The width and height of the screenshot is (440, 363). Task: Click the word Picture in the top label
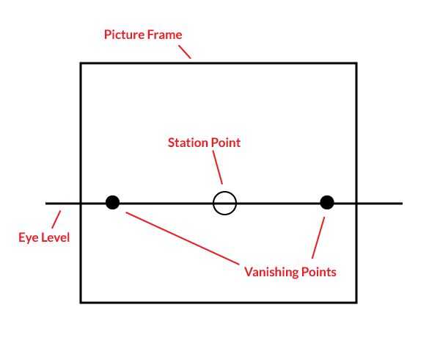point(122,35)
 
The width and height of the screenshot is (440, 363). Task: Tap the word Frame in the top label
point(164,35)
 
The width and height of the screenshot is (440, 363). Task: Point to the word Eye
point(29,237)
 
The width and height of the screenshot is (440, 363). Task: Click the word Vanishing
point(271,272)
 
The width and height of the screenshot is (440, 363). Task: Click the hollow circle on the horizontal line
point(225,203)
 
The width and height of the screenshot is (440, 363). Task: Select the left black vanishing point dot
point(112,203)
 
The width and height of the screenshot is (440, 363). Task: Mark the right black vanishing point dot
point(327,203)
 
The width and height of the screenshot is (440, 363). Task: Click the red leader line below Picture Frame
point(184,50)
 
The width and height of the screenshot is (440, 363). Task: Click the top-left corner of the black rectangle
point(81,63)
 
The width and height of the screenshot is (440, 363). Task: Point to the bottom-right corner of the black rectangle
point(356,302)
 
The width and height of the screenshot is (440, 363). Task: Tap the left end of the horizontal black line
point(46,203)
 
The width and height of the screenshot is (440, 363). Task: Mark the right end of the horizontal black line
point(402,203)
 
